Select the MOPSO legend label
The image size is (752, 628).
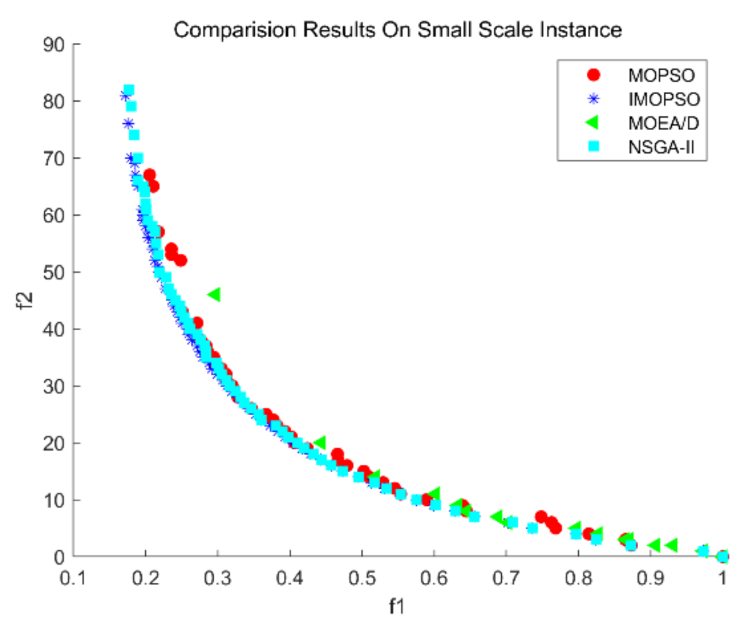[x=661, y=76]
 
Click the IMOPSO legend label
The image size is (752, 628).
[x=664, y=100]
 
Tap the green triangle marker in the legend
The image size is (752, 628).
[x=593, y=123]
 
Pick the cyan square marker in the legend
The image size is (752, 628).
[x=594, y=147]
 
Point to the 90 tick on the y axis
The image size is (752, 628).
[x=54, y=44]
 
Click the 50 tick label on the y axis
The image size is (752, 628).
[x=54, y=272]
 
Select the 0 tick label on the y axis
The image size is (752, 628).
[x=59, y=557]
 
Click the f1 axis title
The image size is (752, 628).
[x=397, y=607]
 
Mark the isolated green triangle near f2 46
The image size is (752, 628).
[x=214, y=294]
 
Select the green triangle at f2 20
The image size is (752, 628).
[x=320, y=443]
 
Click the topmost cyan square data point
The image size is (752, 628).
[x=129, y=90]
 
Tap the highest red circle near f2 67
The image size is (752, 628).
[x=149, y=175]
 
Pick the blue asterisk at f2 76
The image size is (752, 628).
[x=128, y=124]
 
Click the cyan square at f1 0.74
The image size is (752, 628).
[x=532, y=528]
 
